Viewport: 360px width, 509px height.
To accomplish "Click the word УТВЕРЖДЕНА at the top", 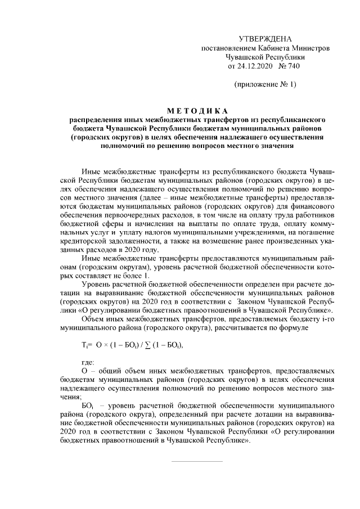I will click(x=265, y=39).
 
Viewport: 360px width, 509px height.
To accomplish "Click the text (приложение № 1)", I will click(x=265, y=84).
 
